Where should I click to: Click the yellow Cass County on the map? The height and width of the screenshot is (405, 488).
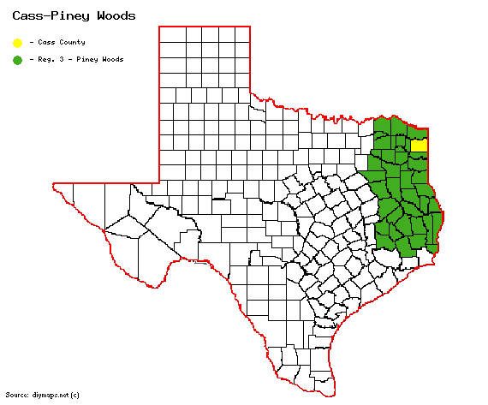click(x=419, y=146)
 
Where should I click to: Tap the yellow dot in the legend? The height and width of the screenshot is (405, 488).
click(x=17, y=41)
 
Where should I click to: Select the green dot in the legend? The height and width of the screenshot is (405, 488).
click(x=17, y=59)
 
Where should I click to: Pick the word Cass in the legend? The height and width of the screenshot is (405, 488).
click(x=45, y=41)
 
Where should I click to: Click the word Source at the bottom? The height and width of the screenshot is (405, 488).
click(x=16, y=395)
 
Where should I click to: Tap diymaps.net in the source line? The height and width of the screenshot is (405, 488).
click(x=50, y=395)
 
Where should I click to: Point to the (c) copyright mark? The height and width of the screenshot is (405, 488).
click(x=75, y=395)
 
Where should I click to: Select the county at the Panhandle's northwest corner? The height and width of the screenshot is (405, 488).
click(x=170, y=34)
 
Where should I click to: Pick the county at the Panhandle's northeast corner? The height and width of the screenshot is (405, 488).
click(x=242, y=34)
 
